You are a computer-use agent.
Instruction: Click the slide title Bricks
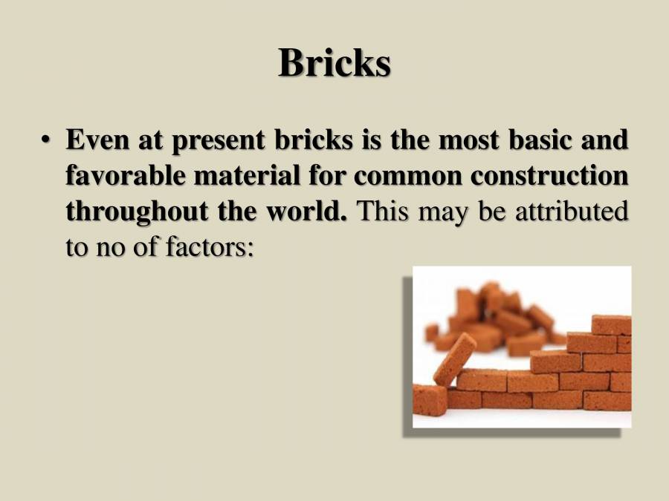[x=334, y=62]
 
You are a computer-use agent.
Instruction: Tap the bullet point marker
[x=45, y=140]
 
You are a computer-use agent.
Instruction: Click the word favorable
[x=126, y=175]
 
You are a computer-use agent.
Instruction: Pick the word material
[x=247, y=175]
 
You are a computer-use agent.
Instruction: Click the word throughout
[x=137, y=212]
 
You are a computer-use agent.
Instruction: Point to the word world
[x=307, y=211]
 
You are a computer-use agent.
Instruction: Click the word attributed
[x=572, y=211]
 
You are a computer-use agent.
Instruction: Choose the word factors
[x=210, y=246]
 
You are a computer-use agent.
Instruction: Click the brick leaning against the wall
[x=454, y=359]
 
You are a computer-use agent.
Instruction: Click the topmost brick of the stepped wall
[x=611, y=324]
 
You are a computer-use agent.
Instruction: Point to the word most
[x=468, y=140]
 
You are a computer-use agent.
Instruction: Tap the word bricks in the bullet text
[x=314, y=140]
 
